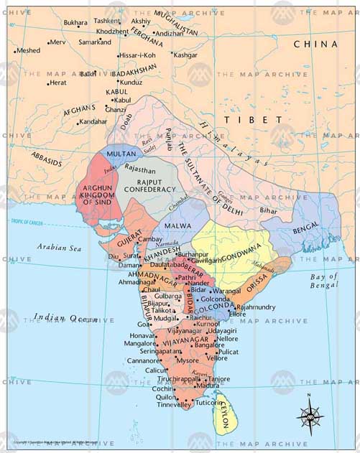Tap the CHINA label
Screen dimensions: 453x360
(x=315, y=45)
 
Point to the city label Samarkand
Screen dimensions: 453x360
(x=95, y=42)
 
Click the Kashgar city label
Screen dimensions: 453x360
(x=185, y=55)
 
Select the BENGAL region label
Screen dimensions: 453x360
(x=307, y=230)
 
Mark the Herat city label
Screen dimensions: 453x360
(x=57, y=83)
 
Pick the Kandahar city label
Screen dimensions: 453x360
(x=93, y=121)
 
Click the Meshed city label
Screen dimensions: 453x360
(x=28, y=51)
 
